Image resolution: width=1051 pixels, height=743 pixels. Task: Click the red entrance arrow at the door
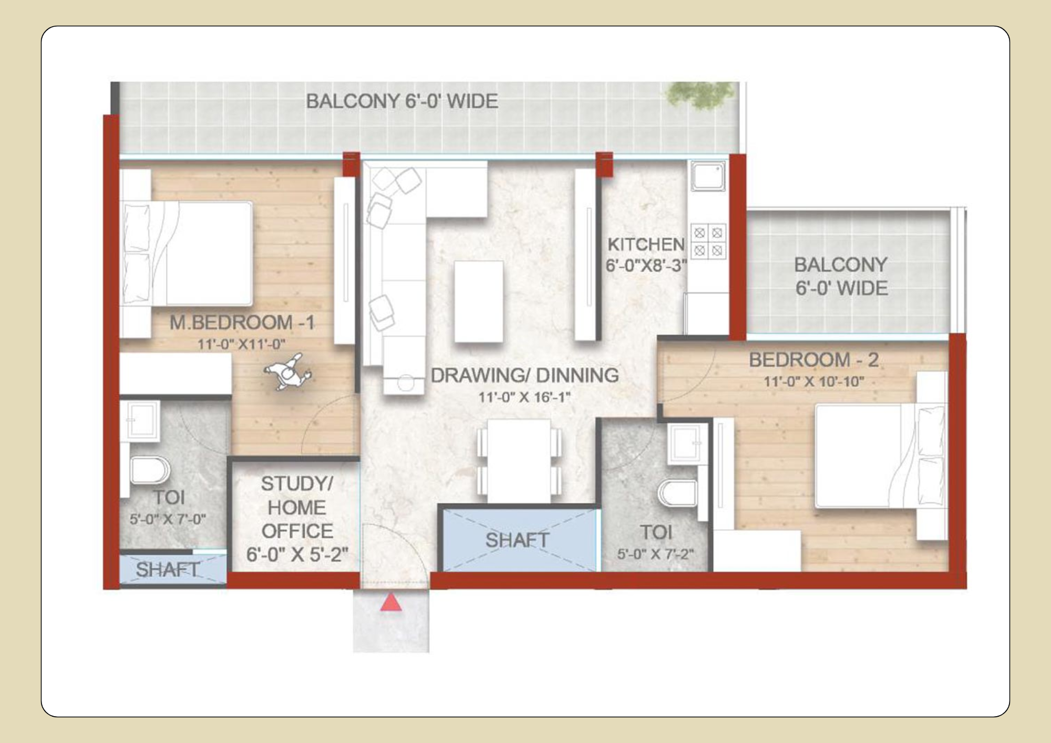coord(390,603)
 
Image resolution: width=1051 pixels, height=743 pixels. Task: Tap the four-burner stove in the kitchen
coord(708,242)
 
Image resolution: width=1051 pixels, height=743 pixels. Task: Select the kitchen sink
coord(708,176)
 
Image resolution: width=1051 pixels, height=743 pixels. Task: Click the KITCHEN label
coord(646,244)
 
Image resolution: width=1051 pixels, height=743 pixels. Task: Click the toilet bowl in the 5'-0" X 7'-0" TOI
coord(149,470)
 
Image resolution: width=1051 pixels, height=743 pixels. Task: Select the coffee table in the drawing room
coord(478,302)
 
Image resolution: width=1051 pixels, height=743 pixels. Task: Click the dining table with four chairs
coord(519,461)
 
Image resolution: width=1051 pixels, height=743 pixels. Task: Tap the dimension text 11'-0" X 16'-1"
coord(524,397)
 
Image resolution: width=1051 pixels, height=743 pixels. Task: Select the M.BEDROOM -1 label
coord(242,323)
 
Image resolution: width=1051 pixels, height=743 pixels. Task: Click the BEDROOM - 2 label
coord(813,360)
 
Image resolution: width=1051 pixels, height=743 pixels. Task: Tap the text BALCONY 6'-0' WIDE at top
coord(402,101)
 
